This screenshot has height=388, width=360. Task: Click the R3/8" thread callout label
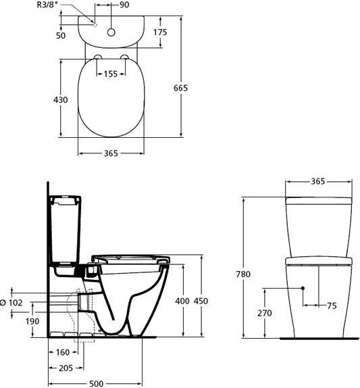[x=49, y=5]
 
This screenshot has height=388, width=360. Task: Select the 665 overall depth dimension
[x=180, y=88]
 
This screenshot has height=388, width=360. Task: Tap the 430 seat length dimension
[x=61, y=100]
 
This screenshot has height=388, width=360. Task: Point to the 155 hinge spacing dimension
[x=111, y=74]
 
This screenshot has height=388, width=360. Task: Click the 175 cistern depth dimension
[x=160, y=32]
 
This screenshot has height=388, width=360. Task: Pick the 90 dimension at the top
[x=124, y=5]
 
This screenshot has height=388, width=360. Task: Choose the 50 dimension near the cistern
[x=61, y=36]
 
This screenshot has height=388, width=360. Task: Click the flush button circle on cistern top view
[x=111, y=32]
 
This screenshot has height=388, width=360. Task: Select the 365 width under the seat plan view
[x=111, y=153]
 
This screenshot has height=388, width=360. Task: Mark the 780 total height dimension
[x=243, y=274]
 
